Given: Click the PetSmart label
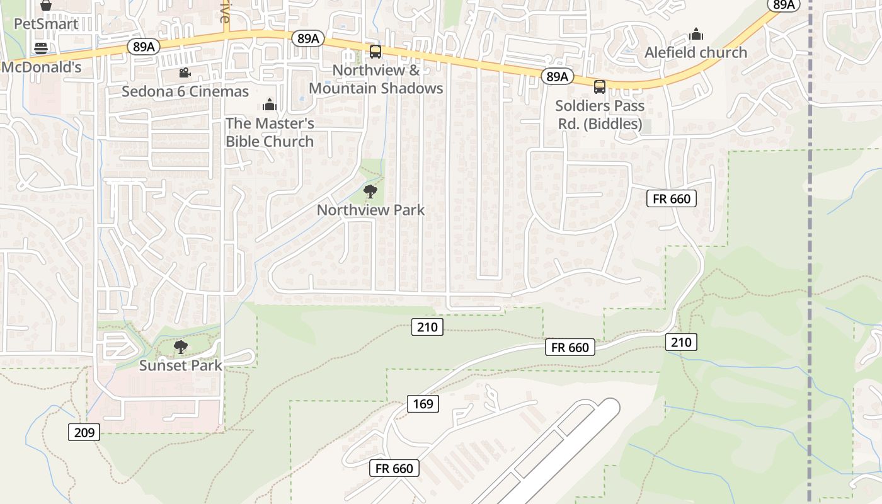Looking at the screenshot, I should tap(46, 24).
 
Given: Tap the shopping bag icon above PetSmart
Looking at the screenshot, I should tap(46, 5).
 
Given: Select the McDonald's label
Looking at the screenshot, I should tap(42, 67).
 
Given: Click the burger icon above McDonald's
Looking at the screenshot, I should tap(42, 49).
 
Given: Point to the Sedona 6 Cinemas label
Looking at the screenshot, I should tap(185, 91).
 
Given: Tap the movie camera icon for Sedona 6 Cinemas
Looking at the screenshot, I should tap(185, 73).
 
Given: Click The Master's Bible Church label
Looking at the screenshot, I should tap(270, 132).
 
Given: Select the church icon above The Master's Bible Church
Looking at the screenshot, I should tap(270, 104).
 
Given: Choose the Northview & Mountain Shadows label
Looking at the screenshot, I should tap(376, 79).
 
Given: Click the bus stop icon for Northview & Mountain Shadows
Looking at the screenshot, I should tap(375, 52).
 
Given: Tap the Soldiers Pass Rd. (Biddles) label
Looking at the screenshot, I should tap(600, 115).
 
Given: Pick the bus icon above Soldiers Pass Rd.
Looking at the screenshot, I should tap(600, 86).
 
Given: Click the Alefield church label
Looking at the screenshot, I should tap(696, 52).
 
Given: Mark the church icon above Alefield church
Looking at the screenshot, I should tap(696, 33).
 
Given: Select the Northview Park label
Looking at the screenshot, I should tap(370, 210).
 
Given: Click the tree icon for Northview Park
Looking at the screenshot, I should tap(370, 192).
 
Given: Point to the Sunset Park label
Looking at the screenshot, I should tap(181, 365).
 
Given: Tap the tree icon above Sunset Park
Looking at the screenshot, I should tap(181, 346).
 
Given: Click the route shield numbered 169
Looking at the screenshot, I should tap(423, 403).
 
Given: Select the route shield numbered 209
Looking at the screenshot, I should tap(84, 432).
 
